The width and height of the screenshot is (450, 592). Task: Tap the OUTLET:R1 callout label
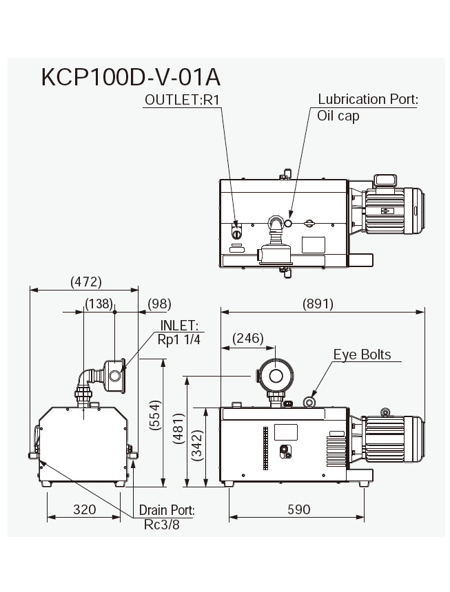(183, 99)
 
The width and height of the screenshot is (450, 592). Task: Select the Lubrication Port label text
(368, 99)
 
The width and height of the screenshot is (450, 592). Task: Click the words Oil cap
(338, 116)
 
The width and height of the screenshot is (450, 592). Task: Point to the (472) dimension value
(86, 282)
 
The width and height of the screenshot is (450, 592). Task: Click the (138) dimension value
(99, 304)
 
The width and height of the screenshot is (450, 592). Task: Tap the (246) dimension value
(249, 338)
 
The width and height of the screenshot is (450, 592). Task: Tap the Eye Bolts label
(362, 355)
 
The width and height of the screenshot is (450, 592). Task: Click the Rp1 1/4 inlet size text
(178, 339)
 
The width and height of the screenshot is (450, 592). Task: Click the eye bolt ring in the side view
(309, 401)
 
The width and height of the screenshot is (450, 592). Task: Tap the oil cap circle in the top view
(289, 223)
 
